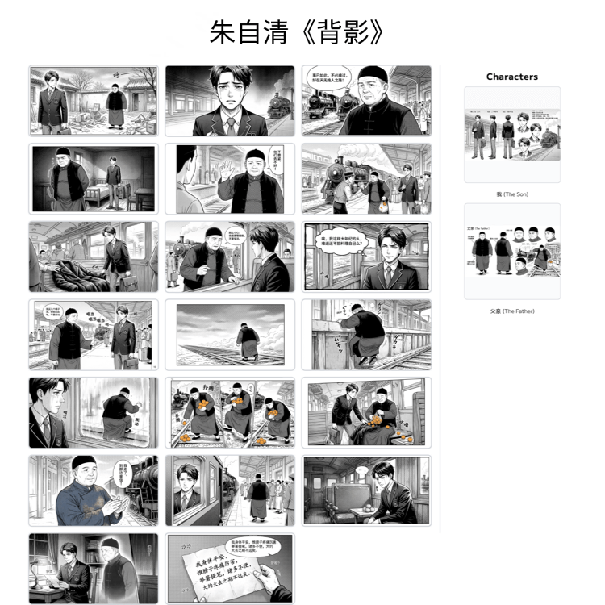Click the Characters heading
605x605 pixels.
click(511, 77)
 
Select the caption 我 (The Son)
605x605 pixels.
click(511, 194)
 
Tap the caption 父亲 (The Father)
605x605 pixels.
click(511, 311)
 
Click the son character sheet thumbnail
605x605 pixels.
click(511, 134)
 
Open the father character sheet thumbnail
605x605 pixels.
click(511, 251)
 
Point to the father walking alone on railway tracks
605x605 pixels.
click(248, 343)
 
